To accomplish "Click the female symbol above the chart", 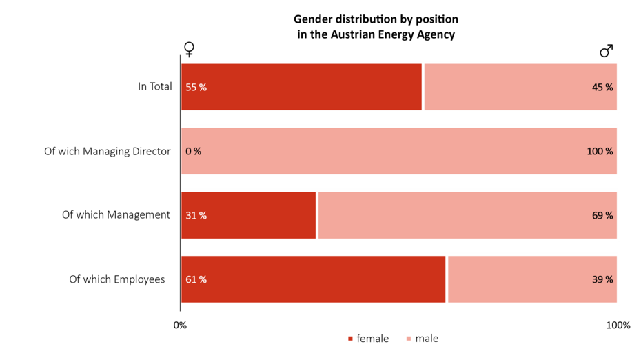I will point(189,50).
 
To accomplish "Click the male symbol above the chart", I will point(606,50).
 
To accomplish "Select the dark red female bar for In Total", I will point(301,87).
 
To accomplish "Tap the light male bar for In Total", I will point(520,87).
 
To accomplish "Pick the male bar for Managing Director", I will point(399,151).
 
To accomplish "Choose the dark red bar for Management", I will point(248,215).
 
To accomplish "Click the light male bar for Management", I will point(467,215).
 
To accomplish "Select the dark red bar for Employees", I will point(314,279).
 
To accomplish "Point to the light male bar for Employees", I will point(532,279).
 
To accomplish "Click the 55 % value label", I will point(196,88).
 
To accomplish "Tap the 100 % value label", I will point(600,152).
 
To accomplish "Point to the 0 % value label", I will point(194,152).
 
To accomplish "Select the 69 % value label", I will point(602,215).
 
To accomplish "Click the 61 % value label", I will point(196,279).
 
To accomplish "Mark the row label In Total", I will point(154,87).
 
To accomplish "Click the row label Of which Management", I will point(116,215).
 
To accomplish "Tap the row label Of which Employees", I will point(117,279).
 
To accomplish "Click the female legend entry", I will point(368,339).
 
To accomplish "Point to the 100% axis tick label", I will point(618,325).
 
